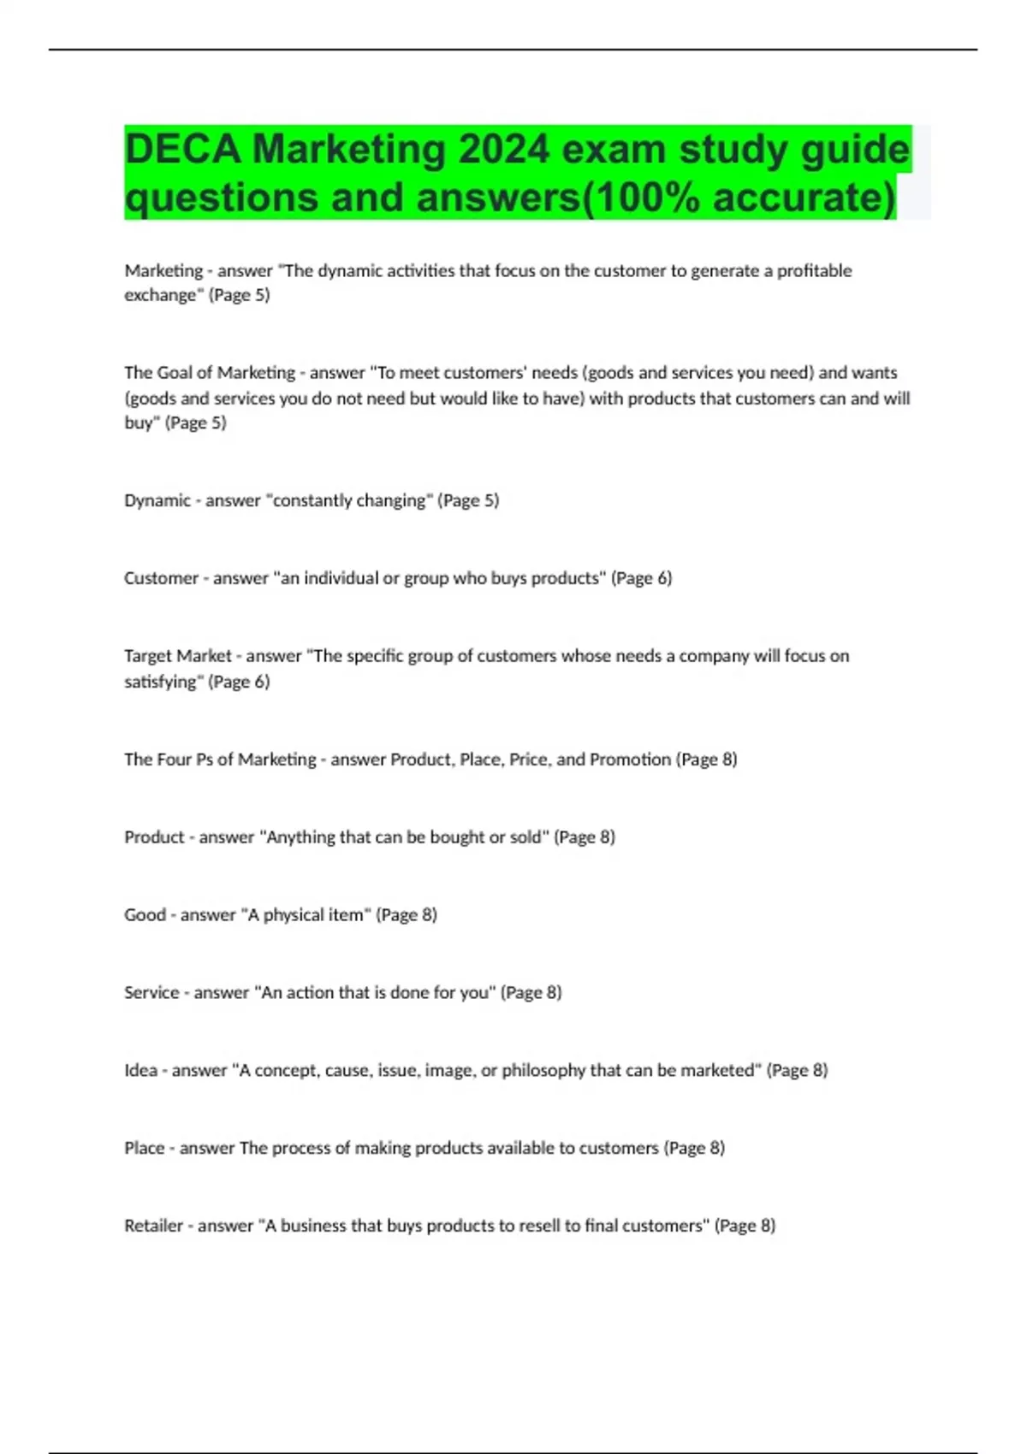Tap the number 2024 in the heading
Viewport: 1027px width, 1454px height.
(x=503, y=150)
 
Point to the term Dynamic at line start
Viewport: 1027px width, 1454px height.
(x=157, y=500)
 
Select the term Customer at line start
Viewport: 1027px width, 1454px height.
(x=161, y=578)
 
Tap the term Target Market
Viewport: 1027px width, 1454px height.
(x=178, y=656)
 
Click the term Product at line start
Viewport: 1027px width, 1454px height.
(x=154, y=837)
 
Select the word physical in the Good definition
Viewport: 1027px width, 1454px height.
(x=296, y=915)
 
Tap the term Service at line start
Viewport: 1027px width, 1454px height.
(x=151, y=993)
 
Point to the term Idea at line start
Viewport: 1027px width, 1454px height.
(x=141, y=1071)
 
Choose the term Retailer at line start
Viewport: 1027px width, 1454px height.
(x=154, y=1226)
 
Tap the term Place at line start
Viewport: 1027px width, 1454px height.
(x=144, y=1148)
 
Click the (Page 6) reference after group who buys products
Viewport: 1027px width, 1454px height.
(x=641, y=578)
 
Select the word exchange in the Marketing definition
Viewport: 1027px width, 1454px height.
(x=160, y=295)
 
